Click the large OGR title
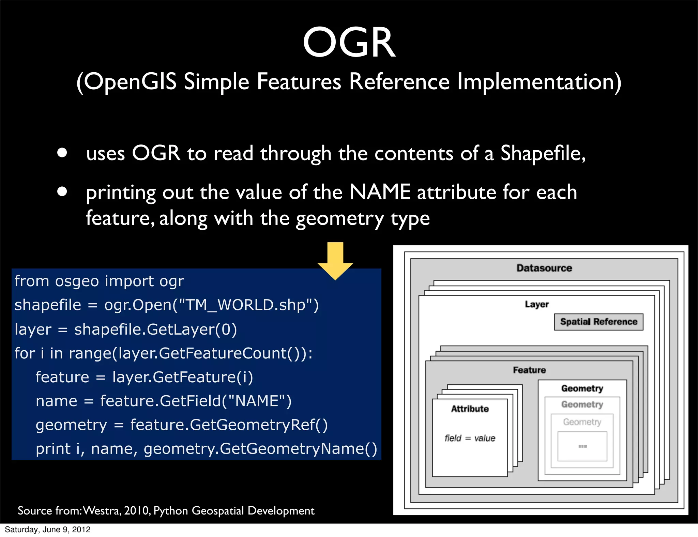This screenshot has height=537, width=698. [x=349, y=43]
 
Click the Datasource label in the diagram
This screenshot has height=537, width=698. [x=544, y=268]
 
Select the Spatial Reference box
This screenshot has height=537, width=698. [x=598, y=322]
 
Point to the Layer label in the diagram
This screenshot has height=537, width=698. [x=537, y=304]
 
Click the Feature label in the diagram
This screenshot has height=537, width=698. [x=529, y=370]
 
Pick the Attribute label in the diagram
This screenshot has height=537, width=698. [x=470, y=409]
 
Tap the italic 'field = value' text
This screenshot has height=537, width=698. [x=470, y=438]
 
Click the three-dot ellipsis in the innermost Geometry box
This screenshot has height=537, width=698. [x=582, y=446]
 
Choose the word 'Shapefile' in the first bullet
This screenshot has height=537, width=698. [x=543, y=153]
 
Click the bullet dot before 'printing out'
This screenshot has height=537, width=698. [x=62, y=191]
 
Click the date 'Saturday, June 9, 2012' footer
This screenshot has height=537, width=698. [x=48, y=530]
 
